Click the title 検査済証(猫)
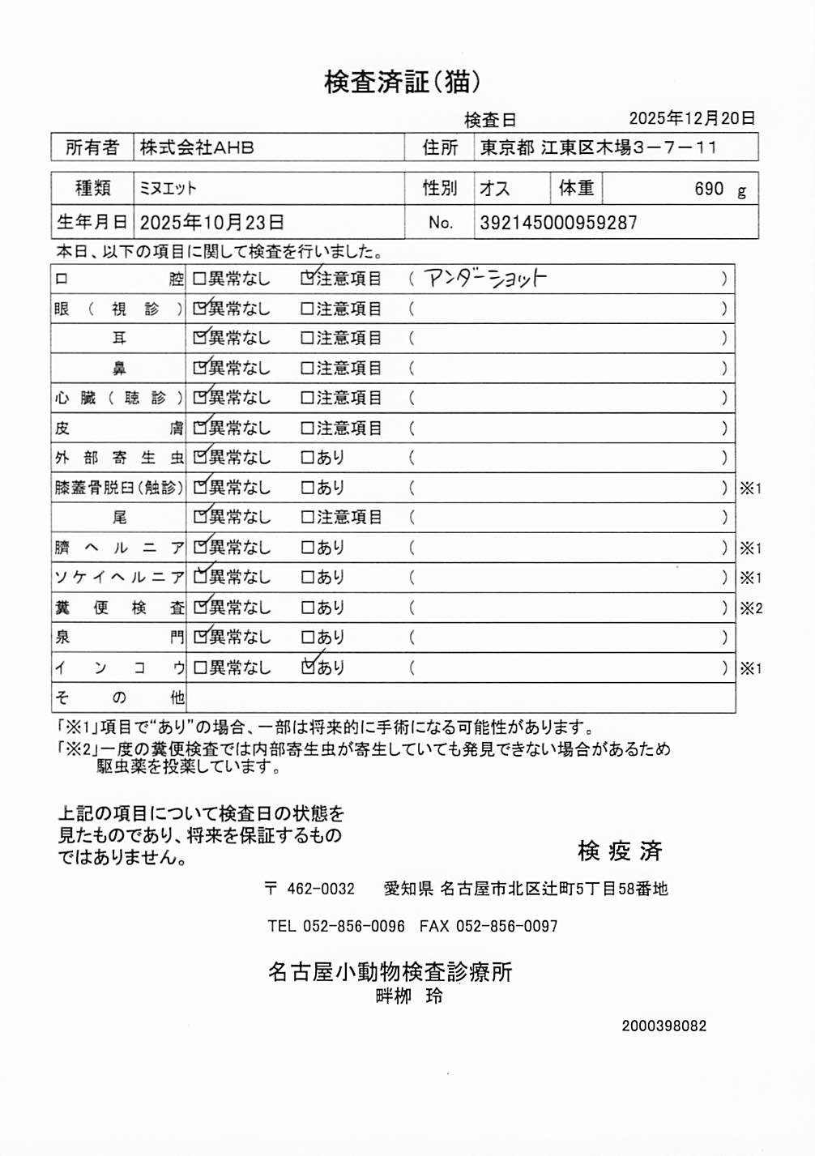[x=403, y=81]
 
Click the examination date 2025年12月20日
[x=692, y=118]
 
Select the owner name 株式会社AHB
[x=197, y=147]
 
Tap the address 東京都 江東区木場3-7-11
[x=598, y=147]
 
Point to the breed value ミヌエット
[x=168, y=189]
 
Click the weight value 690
[x=708, y=189]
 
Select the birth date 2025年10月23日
[x=211, y=223]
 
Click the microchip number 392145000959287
[x=558, y=223]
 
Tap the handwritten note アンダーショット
[x=486, y=279]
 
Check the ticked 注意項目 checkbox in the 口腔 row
[x=307, y=279]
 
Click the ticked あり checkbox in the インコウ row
[x=307, y=668]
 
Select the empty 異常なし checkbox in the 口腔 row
[x=199, y=279]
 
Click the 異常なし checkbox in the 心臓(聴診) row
[x=199, y=398]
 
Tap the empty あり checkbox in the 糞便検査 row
[x=307, y=608]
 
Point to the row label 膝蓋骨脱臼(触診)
[x=119, y=488]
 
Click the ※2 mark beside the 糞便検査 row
[x=751, y=608]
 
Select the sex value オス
[x=494, y=189]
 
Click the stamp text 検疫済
[x=620, y=851]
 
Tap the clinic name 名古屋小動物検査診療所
[x=390, y=971]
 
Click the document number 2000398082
[x=664, y=1026]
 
